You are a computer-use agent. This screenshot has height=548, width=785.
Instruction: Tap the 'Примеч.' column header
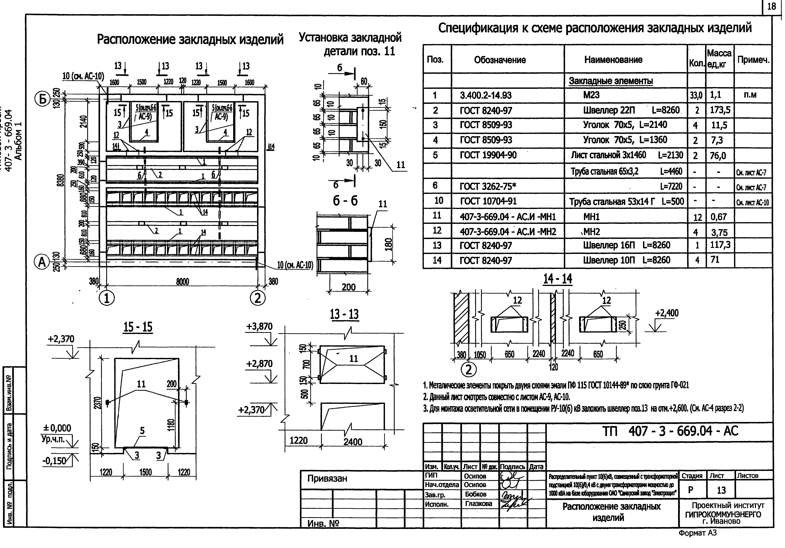click(x=753, y=60)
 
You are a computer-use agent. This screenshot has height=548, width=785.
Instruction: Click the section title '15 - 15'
click(x=138, y=327)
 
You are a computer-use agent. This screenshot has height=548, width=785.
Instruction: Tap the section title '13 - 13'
click(x=344, y=314)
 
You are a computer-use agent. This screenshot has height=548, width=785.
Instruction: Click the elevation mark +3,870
click(x=260, y=327)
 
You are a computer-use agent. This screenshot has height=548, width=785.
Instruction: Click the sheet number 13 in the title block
click(x=721, y=490)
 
